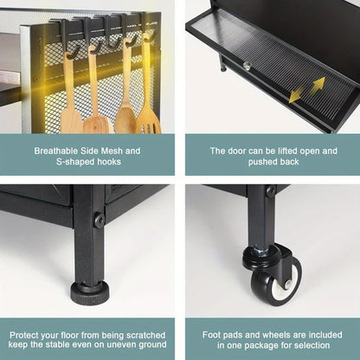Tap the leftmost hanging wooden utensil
[x=71, y=108]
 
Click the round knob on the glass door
[x=247, y=66]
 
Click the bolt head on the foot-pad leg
[x=100, y=222]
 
